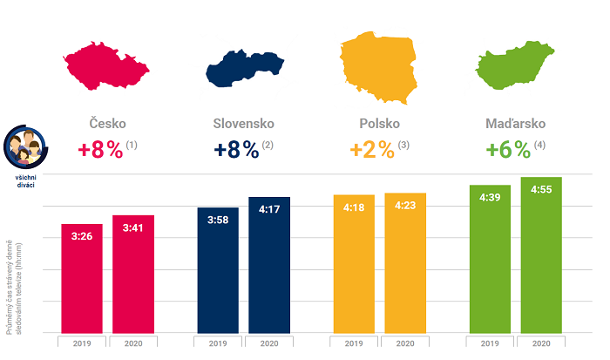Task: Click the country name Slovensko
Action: point(244,124)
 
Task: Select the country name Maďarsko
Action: point(516,124)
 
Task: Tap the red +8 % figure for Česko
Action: point(100,149)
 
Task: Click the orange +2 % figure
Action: point(373,149)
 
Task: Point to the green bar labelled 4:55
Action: point(541,257)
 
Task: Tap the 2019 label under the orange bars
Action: point(355,343)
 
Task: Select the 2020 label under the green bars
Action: point(541,343)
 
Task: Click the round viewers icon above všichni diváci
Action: point(25,148)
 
